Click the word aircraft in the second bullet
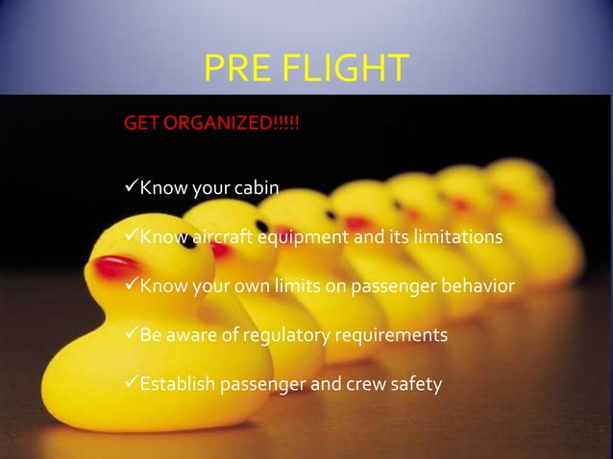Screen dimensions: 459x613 coord(215,236)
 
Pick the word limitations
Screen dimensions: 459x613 coord(456,236)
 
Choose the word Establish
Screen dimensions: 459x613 coord(179,386)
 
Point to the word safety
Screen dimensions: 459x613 coord(416,386)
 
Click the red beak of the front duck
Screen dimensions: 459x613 coord(113,266)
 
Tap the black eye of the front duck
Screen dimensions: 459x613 coord(188,242)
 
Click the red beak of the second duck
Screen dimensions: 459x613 coord(220,249)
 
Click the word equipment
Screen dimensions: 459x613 coord(295,237)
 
